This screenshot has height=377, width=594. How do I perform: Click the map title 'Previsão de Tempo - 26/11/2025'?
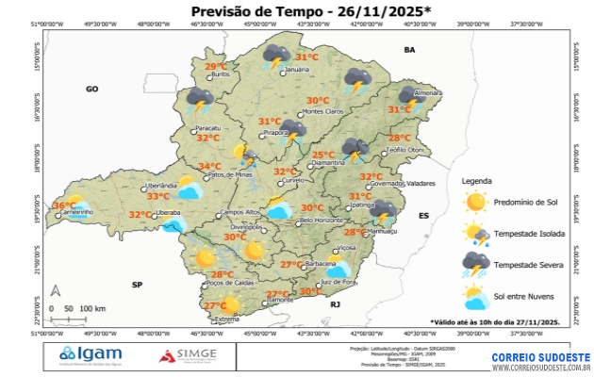click(x=298, y=11)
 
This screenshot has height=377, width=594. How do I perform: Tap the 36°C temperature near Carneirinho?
click(x=64, y=205)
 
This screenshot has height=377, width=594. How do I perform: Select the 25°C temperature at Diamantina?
click(x=323, y=155)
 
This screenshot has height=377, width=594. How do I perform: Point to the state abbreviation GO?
click(x=92, y=89)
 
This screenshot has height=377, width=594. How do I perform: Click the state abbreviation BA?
click(x=409, y=49)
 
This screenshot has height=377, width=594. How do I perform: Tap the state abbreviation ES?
click(x=424, y=216)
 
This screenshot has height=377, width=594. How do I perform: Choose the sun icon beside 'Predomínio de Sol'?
click(x=475, y=201)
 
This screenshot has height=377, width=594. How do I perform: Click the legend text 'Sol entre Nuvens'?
click(x=526, y=297)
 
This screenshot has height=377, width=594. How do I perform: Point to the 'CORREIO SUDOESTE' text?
click(x=540, y=356)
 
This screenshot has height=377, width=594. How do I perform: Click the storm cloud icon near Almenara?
click(x=408, y=95)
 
